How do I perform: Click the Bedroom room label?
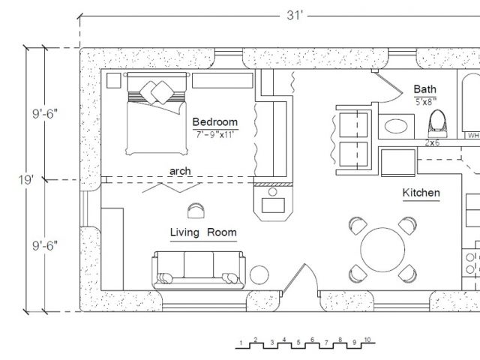tap(215, 121)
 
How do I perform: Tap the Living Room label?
tap(203, 232)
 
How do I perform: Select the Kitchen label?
tap(421, 193)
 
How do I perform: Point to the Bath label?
tap(425, 89)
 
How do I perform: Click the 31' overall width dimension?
tap(295, 15)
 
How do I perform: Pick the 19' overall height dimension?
tap(25, 180)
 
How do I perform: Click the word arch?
tap(180, 171)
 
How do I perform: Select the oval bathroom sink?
tap(396, 126)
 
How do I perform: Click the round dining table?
tap(382, 250)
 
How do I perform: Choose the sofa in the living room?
tap(199, 270)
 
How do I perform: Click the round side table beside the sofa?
tap(259, 274)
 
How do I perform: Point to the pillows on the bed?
tap(157, 91)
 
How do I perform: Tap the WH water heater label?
tap(473, 135)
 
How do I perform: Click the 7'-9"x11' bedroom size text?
tap(215, 134)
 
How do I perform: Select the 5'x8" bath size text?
tap(425, 102)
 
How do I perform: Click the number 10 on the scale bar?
tap(367, 340)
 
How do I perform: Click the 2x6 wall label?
tap(432, 142)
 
